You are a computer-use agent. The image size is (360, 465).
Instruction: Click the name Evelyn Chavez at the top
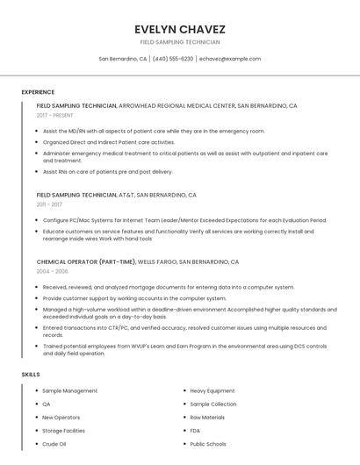(179, 28)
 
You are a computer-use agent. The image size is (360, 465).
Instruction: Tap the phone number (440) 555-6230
(173, 59)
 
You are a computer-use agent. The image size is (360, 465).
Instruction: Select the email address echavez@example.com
(230, 59)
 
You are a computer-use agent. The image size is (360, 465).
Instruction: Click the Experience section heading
(38, 92)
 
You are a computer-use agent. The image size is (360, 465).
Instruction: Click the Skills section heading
(31, 375)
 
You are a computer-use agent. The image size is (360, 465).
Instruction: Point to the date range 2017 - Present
(54, 115)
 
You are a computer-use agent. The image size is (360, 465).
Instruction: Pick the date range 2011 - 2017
(49, 204)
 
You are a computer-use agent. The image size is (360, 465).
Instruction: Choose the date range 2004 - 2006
(52, 271)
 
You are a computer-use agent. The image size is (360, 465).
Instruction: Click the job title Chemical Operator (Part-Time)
(86, 261)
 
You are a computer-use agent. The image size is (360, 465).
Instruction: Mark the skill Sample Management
(69, 390)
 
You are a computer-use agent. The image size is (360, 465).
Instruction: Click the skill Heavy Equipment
(212, 390)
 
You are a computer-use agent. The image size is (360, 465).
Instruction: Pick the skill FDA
(195, 431)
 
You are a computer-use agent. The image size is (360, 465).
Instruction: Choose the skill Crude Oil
(54, 444)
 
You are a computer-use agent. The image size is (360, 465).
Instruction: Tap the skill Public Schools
(207, 444)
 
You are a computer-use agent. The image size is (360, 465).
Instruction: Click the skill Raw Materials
(207, 418)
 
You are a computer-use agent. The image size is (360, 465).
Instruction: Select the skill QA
(47, 404)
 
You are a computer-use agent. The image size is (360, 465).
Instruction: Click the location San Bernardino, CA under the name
(123, 59)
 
